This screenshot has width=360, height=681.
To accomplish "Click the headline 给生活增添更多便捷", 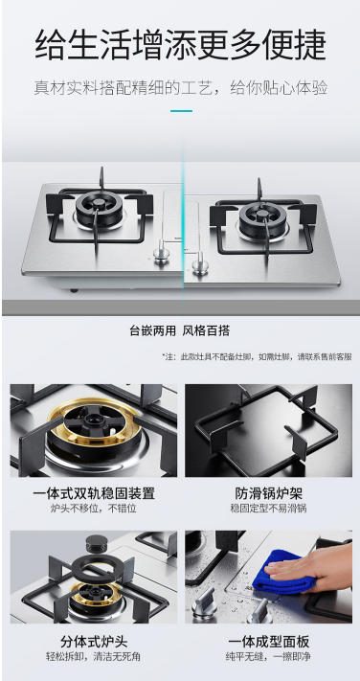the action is tap(180, 45).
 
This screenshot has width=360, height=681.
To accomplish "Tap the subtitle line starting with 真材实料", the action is tap(181, 88).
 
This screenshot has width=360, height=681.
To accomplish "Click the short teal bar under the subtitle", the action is tap(181, 111).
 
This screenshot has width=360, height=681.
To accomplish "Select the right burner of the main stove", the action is tap(262, 219).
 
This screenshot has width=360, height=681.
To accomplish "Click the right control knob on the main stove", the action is tap(200, 263).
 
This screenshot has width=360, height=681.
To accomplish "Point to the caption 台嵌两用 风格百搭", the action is tap(180, 331).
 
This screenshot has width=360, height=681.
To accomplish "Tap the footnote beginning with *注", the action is tap(257, 357).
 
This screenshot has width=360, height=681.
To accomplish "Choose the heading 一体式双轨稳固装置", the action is tap(94, 493).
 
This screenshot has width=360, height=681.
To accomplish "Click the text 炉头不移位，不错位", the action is tap(94, 508).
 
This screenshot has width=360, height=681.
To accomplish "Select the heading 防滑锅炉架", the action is tap(268, 493).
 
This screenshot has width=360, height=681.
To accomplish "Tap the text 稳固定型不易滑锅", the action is tap(268, 508).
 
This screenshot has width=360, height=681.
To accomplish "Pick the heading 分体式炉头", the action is tap(94, 642).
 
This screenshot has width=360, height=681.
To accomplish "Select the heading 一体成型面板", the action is tap(268, 642).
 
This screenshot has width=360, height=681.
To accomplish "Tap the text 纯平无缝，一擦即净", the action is tap(268, 656).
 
